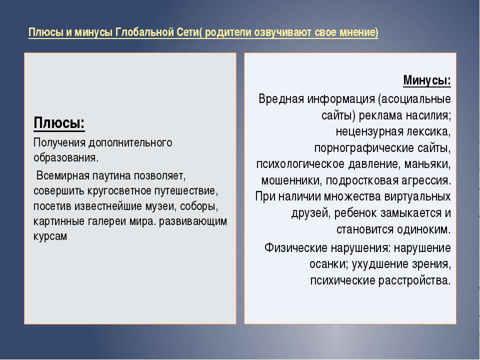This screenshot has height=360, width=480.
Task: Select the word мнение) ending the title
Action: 359,32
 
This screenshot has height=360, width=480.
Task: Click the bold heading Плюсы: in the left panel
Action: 59,123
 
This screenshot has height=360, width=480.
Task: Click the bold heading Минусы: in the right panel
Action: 427,80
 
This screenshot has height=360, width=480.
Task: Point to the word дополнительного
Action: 130,143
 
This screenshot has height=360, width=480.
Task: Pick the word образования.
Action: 66,158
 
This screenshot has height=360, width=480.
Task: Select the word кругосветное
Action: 119,191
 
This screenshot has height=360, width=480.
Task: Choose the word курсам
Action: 50,236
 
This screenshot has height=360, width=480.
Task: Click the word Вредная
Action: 281,99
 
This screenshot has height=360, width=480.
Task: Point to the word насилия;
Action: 428,115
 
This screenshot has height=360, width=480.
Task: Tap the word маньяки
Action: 427,164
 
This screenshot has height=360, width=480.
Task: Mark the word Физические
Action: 295,248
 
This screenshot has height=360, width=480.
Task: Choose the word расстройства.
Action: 415,280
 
